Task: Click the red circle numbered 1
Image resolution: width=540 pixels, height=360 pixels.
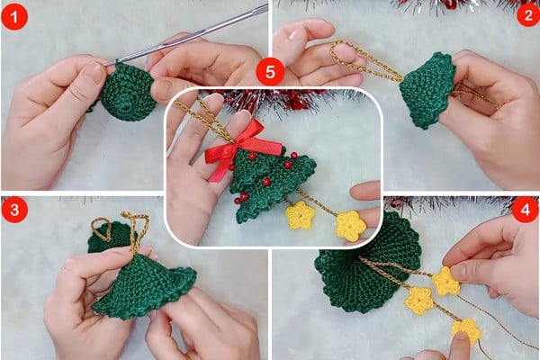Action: click(14, 16)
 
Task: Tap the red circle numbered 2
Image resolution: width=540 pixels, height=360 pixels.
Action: click(528, 14)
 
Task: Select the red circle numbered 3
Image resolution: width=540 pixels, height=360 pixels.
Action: click(14, 210)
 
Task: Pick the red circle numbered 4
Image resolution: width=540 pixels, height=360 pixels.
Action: click(526, 209)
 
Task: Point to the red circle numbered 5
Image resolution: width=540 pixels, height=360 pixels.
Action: click(270, 72)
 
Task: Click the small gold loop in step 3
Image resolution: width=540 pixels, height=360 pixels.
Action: click(101, 229)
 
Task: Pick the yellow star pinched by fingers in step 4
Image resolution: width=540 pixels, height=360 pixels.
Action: click(446, 282)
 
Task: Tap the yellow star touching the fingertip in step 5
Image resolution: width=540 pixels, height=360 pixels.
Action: click(351, 226)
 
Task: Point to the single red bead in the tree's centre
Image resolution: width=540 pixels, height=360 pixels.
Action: click(265, 182)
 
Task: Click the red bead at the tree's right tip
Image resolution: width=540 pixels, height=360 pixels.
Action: click(293, 156)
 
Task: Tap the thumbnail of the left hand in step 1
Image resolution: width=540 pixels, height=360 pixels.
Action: click(94, 73)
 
